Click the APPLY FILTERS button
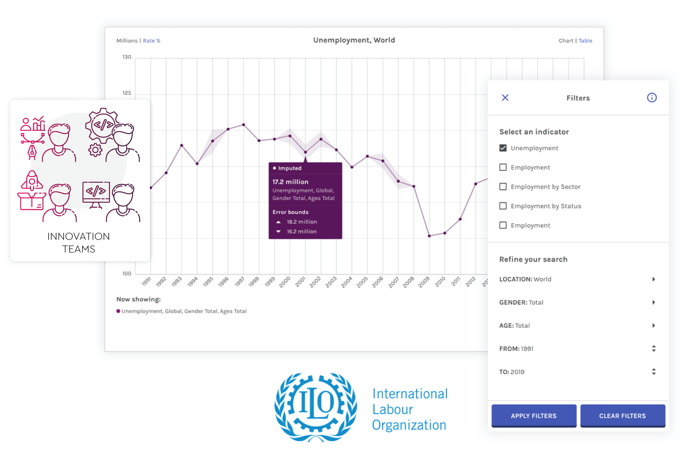click(x=534, y=416)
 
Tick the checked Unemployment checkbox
click(x=503, y=148)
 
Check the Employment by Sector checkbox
click(x=503, y=186)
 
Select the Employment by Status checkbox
click(x=503, y=206)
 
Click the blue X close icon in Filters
click(x=505, y=98)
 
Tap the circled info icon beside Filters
click(x=652, y=98)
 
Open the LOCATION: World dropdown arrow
click(x=653, y=279)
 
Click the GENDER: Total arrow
click(x=653, y=302)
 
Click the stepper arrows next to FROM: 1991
click(x=653, y=349)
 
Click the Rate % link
click(x=152, y=41)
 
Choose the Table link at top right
click(x=585, y=41)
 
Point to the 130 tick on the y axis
click(x=127, y=57)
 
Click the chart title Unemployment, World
click(x=354, y=40)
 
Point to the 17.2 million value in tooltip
click(x=290, y=182)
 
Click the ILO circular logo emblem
click(x=316, y=407)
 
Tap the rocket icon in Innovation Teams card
click(x=32, y=180)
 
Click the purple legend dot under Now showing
click(x=118, y=311)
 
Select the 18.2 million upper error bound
click(x=301, y=222)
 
